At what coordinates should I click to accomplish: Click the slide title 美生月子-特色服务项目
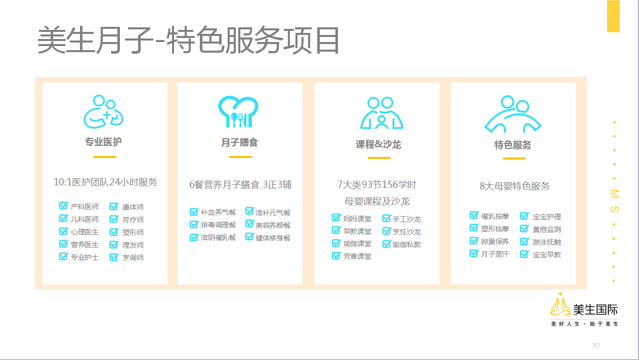pyautogui.click(x=189, y=40)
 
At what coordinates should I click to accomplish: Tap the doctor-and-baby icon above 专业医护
pyautogui.click(x=103, y=111)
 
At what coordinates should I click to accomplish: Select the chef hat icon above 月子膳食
pyautogui.click(x=238, y=111)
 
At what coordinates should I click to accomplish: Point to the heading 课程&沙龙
pyautogui.click(x=378, y=144)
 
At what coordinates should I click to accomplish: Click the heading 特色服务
pyautogui.click(x=513, y=145)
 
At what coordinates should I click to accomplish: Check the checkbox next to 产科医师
pyautogui.click(x=63, y=206)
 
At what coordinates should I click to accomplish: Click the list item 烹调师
pyautogui.click(x=133, y=258)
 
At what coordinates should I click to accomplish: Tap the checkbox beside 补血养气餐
pyautogui.click(x=194, y=212)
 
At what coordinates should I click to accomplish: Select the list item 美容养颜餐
pyautogui.click(x=273, y=225)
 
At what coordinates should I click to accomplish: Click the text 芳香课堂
pyautogui.click(x=357, y=256)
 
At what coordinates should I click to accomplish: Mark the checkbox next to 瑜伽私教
pyautogui.click(x=387, y=244)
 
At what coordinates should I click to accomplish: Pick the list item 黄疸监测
pyautogui.click(x=547, y=229)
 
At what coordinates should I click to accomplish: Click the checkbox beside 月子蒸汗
pyautogui.click(x=474, y=253)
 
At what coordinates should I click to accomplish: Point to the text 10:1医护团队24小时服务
pyautogui.click(x=106, y=182)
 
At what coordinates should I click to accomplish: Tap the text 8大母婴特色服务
pyautogui.click(x=515, y=186)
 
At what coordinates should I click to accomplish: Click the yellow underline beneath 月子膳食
pyautogui.click(x=240, y=157)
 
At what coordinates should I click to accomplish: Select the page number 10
pyautogui.click(x=596, y=345)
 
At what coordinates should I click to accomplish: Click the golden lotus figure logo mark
pyautogui.click(x=560, y=305)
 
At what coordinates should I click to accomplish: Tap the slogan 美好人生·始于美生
pyautogui.click(x=584, y=324)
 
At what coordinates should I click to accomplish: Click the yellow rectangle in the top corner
pyautogui.click(x=613, y=16)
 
